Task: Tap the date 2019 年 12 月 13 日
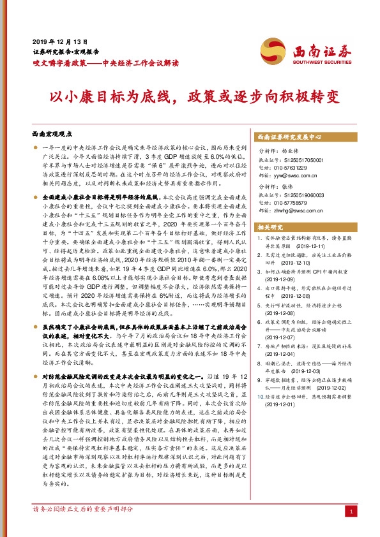[x=59, y=40]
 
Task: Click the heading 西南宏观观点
[x=52, y=135]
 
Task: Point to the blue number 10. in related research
[x=258, y=396]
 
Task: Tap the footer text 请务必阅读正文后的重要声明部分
[x=82, y=510]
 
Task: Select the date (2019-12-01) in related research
[x=282, y=404]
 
